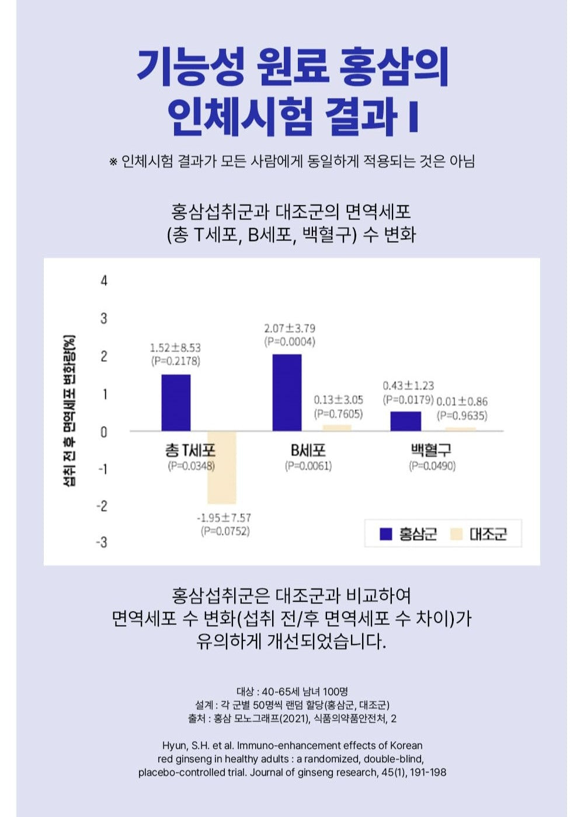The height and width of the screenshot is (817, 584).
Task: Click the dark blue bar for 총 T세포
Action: [x=176, y=403]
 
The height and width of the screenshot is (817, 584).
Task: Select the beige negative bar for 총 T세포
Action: [x=222, y=467]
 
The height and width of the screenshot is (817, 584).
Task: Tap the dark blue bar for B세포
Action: [x=287, y=393]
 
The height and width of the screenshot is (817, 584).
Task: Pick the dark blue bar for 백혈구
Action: [x=406, y=421]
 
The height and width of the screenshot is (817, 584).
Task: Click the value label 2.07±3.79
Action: [x=290, y=329]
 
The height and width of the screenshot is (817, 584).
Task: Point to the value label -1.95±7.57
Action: [x=224, y=518]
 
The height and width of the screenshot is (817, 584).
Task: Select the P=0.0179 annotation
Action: [x=408, y=400]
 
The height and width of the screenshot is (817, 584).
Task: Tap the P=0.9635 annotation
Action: [x=462, y=416]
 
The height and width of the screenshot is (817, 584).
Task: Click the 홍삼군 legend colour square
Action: [x=385, y=534]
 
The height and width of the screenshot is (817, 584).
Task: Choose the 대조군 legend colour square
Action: [x=456, y=534]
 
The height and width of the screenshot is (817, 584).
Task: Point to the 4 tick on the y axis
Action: [x=104, y=281]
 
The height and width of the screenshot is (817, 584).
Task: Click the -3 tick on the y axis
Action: [x=102, y=542]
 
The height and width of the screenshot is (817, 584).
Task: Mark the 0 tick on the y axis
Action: [x=104, y=432]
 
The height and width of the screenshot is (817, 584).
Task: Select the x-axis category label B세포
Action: [x=308, y=451]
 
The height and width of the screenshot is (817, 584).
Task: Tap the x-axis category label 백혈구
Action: [x=432, y=451]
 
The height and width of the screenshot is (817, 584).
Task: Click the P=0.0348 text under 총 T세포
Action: [x=191, y=466]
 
